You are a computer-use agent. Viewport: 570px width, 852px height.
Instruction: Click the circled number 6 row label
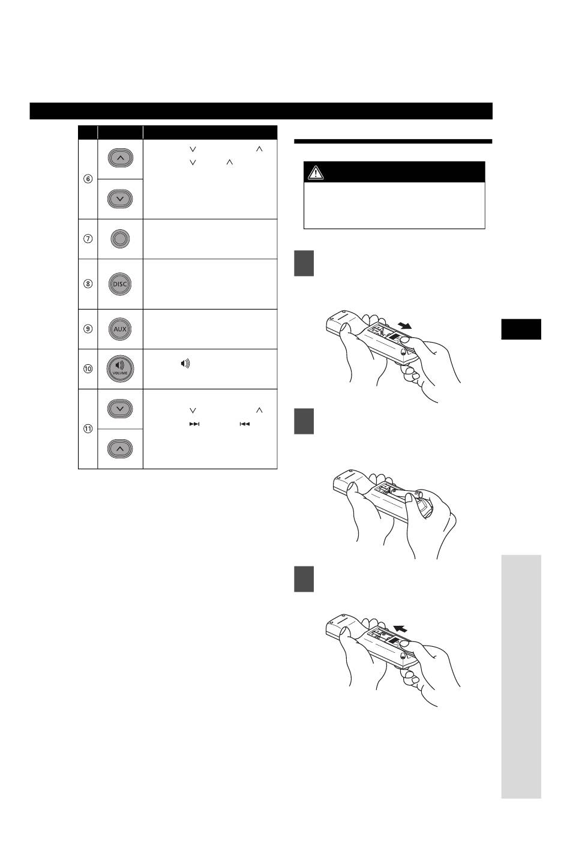coord(88,179)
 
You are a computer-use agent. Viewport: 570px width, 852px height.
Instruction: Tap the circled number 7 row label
coord(88,239)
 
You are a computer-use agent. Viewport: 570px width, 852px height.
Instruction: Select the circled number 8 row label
coord(88,284)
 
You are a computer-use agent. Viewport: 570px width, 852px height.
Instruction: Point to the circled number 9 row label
coord(88,329)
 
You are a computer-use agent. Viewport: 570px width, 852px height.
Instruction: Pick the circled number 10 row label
coord(88,368)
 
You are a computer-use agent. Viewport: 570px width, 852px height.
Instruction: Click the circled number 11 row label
coord(88,428)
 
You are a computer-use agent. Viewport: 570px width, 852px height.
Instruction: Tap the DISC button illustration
coord(120,284)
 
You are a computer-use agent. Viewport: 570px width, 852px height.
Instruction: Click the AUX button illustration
coord(120,329)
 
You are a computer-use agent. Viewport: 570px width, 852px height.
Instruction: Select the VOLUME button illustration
coord(120,368)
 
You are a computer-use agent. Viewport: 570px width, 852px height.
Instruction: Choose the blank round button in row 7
coord(120,239)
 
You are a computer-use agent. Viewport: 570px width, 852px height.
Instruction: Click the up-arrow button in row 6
coord(120,158)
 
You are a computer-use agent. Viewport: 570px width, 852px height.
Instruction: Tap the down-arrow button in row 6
coord(120,199)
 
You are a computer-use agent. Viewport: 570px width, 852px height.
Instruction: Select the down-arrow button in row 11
coord(120,409)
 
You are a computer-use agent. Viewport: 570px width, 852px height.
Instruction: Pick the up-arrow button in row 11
coord(120,449)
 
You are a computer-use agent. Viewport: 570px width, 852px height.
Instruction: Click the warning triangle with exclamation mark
coord(316,172)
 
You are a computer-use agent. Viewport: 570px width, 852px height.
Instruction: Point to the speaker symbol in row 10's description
coord(185,364)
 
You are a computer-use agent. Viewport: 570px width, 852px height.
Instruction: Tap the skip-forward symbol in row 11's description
coord(194,424)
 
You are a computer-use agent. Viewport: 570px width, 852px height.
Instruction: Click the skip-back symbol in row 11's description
coord(245,424)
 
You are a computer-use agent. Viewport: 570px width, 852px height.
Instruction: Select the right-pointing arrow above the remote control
coord(404,325)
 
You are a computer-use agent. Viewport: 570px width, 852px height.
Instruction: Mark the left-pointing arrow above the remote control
coord(400,628)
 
